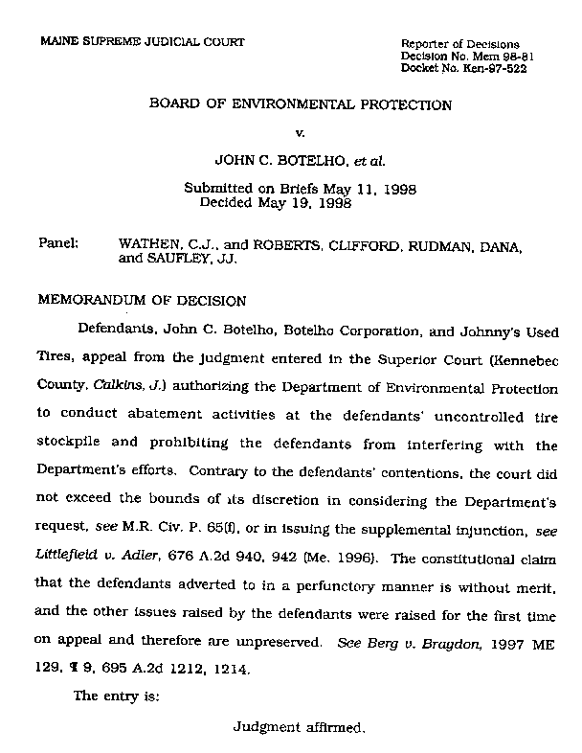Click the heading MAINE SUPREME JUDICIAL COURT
142,41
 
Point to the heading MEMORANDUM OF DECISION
142,299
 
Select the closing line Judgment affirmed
300,727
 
